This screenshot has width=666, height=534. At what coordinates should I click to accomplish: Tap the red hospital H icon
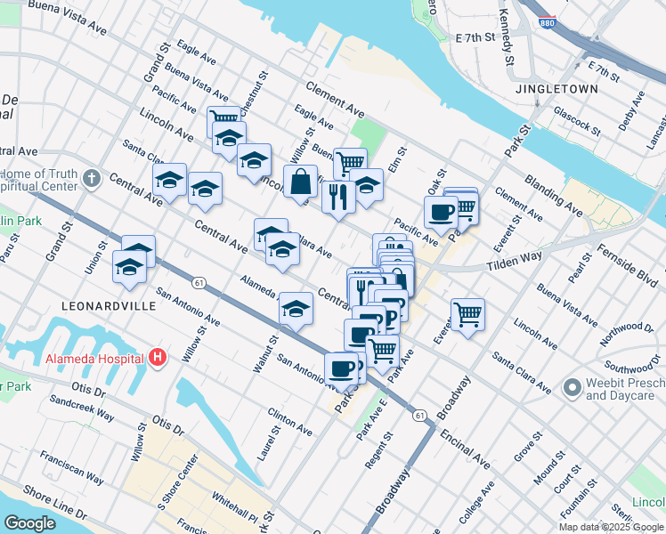pos(158,358)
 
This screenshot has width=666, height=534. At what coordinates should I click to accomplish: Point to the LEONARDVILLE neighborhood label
pos(109,305)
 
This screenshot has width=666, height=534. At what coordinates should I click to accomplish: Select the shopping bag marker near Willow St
pos(301,182)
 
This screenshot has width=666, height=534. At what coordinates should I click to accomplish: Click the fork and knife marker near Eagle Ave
pos(338,196)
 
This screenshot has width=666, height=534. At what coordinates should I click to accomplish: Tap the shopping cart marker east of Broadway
pos(467,314)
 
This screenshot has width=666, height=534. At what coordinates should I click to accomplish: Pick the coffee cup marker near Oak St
pos(441,212)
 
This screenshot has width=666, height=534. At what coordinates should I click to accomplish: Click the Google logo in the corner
pos(29,523)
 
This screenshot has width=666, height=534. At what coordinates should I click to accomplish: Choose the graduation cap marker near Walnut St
pos(296,308)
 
